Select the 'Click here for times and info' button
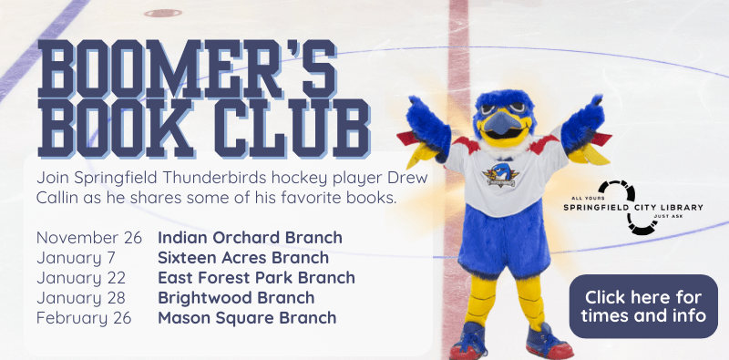[644, 306]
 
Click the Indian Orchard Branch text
[250, 238]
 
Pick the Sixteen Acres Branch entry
[244, 258]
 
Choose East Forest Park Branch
[256, 278]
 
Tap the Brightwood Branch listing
[236, 298]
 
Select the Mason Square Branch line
[247, 318]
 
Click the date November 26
[89, 238]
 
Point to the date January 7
[77, 258]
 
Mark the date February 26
[84, 318]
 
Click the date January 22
[80, 278]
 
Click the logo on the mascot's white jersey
[501, 173]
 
